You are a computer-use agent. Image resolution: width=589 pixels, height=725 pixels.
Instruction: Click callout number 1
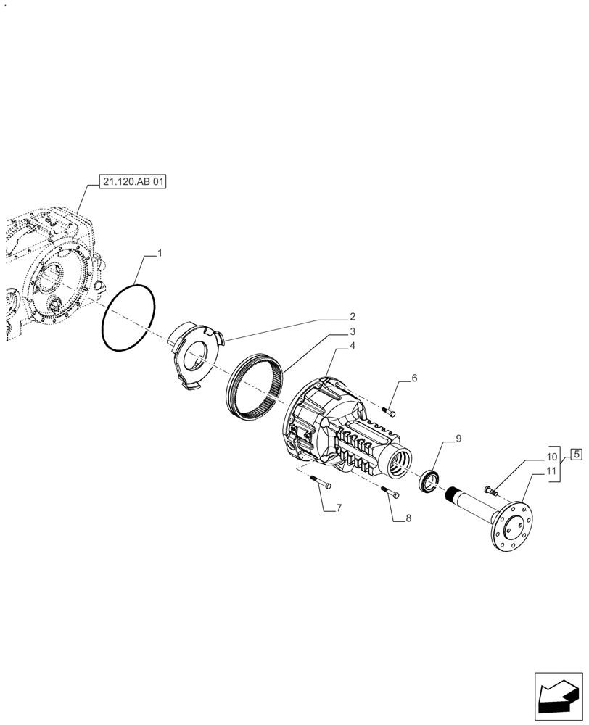160,254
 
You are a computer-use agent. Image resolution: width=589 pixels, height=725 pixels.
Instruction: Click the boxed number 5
575,455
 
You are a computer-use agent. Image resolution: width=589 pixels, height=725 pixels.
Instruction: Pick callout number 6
414,378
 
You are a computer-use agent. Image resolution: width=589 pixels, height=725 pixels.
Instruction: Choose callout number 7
338,509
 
